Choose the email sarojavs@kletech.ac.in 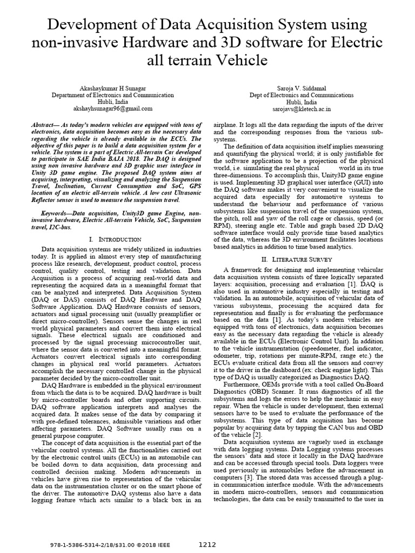tap(302, 108)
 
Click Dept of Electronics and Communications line tap(302, 94)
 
